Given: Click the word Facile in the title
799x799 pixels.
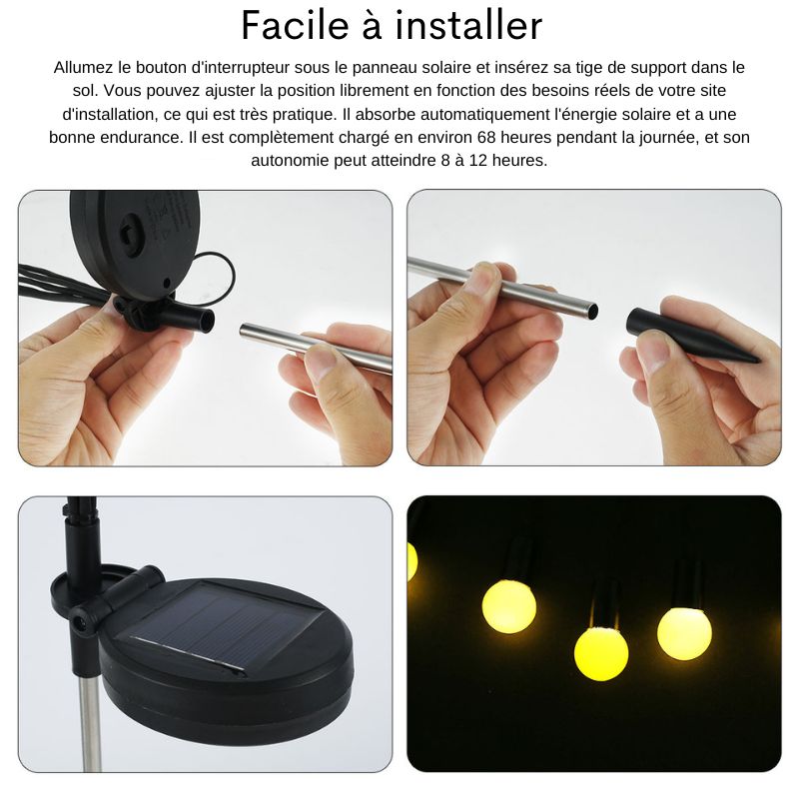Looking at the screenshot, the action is [x=294, y=26].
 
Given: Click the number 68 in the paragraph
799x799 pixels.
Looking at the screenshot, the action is [x=486, y=137].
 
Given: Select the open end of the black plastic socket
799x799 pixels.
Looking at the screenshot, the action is [x=208, y=320].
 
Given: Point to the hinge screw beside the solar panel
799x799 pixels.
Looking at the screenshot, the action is [x=79, y=621].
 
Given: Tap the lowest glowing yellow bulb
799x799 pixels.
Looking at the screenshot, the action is [x=601, y=654].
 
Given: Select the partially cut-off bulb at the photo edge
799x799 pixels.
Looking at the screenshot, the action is [x=411, y=561].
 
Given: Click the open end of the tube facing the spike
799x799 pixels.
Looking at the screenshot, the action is [x=592, y=310].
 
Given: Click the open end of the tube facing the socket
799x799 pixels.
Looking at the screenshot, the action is [x=245, y=331].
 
